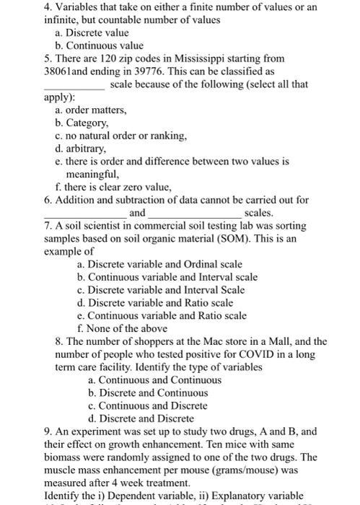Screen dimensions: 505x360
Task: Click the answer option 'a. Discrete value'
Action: pos(92,32)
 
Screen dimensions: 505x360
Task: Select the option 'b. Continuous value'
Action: pos(98,45)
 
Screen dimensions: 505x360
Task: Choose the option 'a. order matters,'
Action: pos(91,110)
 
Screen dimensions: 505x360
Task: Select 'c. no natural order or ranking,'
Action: pos(115,136)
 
